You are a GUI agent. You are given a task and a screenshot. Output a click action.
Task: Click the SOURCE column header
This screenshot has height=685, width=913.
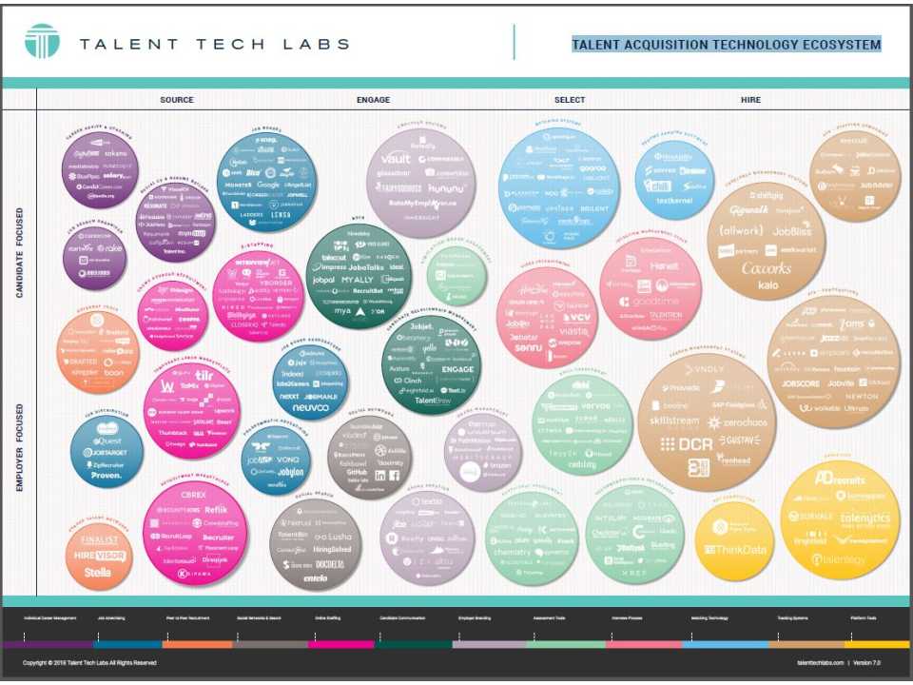177,100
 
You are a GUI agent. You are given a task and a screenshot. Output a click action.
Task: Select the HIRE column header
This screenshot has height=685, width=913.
750,100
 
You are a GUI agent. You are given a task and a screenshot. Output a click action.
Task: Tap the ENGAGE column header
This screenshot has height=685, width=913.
373,100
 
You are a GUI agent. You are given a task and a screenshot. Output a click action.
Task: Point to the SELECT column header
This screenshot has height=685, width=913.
570,100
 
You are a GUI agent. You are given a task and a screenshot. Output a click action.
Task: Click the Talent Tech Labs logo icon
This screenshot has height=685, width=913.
42,42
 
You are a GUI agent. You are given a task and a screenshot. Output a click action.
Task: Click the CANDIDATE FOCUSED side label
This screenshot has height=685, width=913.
20,253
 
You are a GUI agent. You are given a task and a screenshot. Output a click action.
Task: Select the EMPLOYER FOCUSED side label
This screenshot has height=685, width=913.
20,447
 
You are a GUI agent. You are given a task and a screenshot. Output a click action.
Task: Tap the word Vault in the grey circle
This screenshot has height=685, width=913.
395,159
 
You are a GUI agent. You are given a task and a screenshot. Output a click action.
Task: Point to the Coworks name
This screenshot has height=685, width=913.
767,268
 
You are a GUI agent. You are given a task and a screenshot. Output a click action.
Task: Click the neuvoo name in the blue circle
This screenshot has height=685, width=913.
310,407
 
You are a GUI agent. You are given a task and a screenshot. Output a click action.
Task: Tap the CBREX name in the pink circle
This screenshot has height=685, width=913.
193,495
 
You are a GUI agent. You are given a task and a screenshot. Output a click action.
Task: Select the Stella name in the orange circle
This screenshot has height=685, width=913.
97,573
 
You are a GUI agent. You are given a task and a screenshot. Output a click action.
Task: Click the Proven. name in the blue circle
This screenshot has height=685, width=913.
107,474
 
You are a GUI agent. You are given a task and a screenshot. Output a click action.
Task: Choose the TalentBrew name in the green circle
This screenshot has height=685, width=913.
432,401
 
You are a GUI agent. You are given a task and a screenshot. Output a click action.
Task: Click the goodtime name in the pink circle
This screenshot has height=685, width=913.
656,303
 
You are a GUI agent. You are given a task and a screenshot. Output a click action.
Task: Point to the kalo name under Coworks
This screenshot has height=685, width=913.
767,285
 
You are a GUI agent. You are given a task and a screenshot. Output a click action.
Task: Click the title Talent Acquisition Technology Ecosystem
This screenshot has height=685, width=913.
726,45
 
